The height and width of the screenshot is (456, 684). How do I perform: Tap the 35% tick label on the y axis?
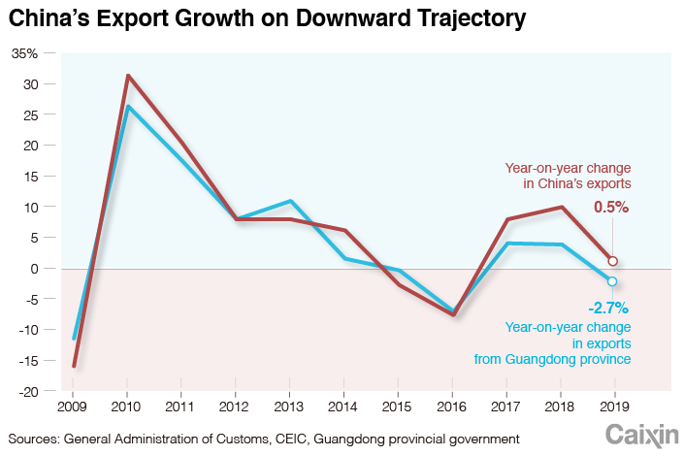[x=24, y=53]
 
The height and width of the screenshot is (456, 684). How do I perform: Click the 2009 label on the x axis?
[x=73, y=406]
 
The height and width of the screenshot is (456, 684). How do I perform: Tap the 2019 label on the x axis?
[x=612, y=406]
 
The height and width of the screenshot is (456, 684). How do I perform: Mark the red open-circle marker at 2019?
[x=612, y=260]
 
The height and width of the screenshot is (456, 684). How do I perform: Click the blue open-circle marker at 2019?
[x=612, y=281]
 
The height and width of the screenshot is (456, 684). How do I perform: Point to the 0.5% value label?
[x=612, y=207]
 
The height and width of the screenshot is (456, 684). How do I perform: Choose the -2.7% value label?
[x=609, y=309]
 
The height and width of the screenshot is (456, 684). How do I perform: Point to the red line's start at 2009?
[x=74, y=366]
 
